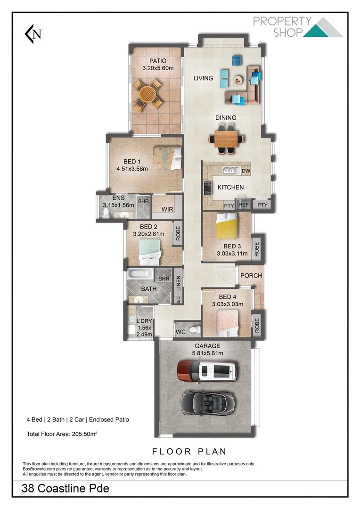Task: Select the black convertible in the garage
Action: (x=207, y=402)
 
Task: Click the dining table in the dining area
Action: (x=227, y=139)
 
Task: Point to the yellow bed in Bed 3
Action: (x=227, y=227)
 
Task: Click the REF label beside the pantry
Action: (x=243, y=205)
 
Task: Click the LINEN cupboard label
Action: (x=178, y=283)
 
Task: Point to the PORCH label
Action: (x=251, y=276)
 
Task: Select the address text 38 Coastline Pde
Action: (x=65, y=489)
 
